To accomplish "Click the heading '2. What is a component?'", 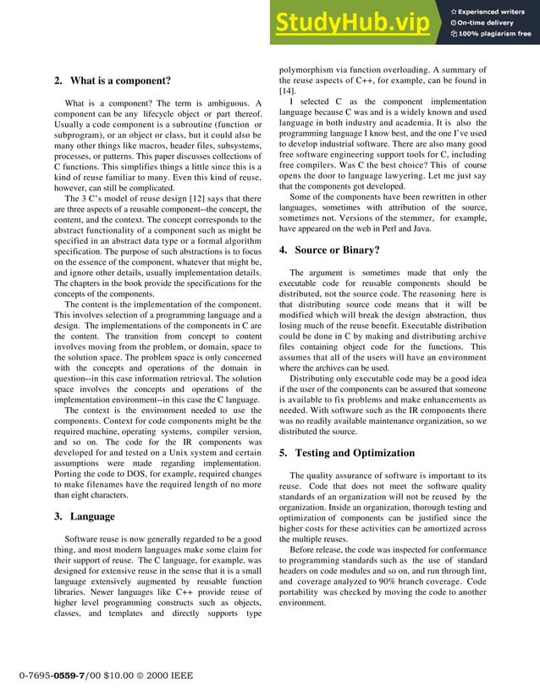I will click(x=112, y=81).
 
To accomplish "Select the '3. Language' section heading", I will click(x=83, y=516).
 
